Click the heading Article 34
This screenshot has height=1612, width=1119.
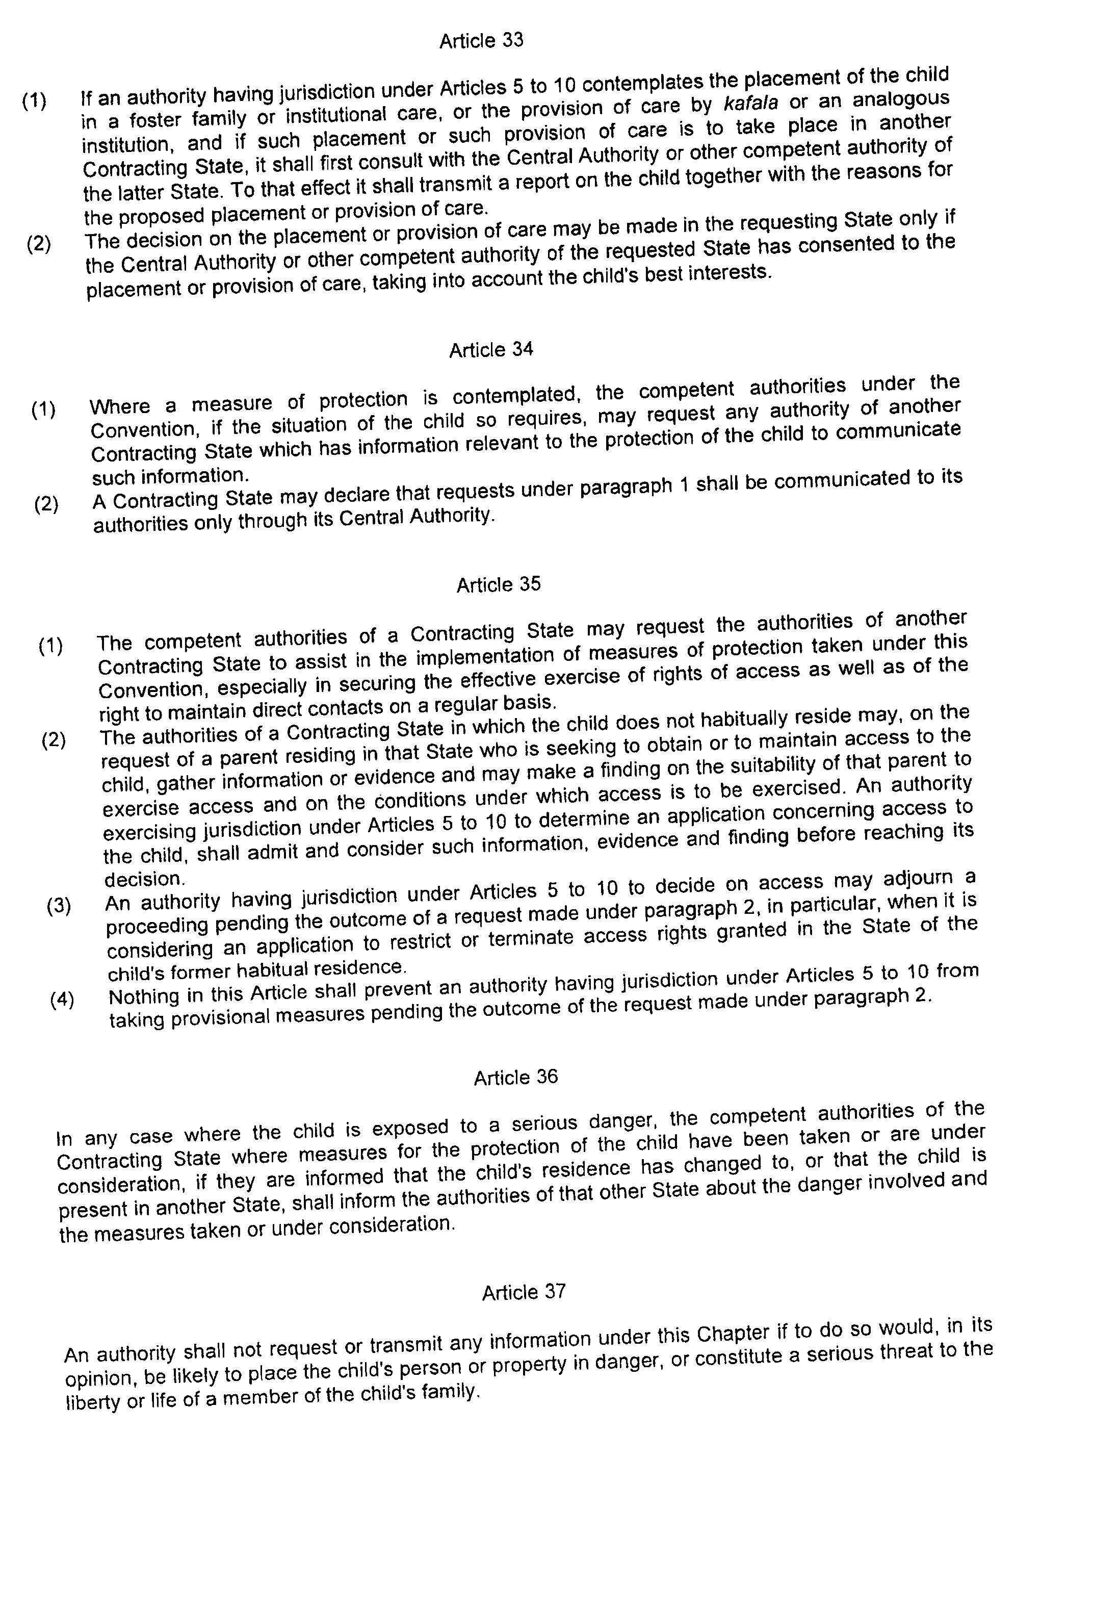point(491,349)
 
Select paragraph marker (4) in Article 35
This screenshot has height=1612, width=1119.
point(62,999)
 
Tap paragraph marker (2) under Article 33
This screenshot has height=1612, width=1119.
point(39,244)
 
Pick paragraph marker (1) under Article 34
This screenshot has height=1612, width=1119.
point(43,409)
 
